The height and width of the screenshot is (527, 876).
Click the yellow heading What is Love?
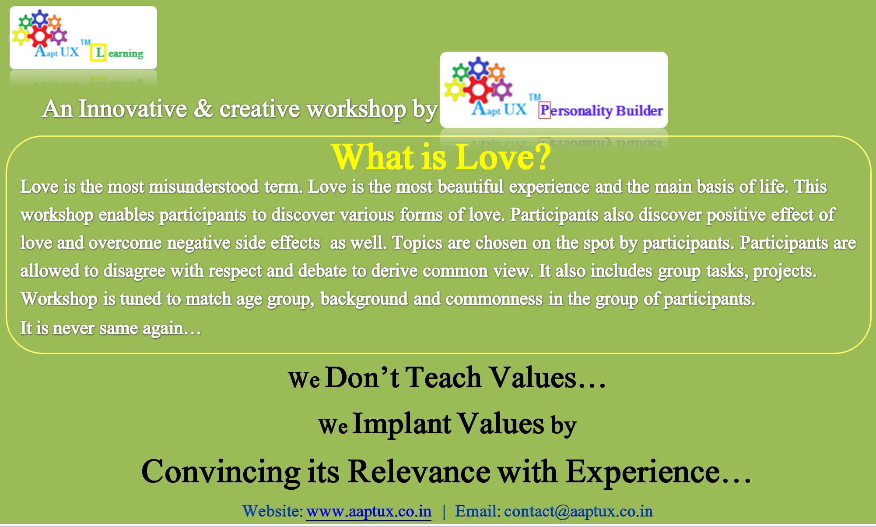point(441,157)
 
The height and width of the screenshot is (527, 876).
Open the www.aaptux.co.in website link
point(369,511)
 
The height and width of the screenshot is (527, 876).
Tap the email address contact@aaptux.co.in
point(578,511)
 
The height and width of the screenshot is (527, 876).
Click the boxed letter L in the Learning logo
point(99,53)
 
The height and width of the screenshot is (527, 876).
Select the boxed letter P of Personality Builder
point(544,110)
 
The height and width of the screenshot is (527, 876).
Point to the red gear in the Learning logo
point(39,36)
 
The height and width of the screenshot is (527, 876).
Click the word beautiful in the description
point(471,187)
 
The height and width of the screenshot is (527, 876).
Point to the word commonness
point(494,299)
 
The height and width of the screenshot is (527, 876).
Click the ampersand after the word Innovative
point(203,109)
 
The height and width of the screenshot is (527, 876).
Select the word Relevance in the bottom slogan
point(419,472)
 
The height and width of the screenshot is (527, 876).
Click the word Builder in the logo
point(639,110)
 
